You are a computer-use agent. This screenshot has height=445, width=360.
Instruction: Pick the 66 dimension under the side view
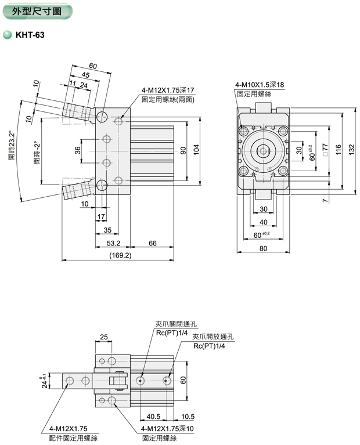(x=152, y=243)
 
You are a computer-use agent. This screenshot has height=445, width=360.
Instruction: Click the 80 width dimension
(x=264, y=249)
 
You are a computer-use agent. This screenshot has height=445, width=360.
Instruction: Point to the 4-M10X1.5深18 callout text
(x=260, y=85)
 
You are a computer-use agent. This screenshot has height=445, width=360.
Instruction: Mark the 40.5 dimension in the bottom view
(x=153, y=416)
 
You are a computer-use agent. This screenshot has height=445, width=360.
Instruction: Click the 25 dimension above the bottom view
(x=105, y=336)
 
